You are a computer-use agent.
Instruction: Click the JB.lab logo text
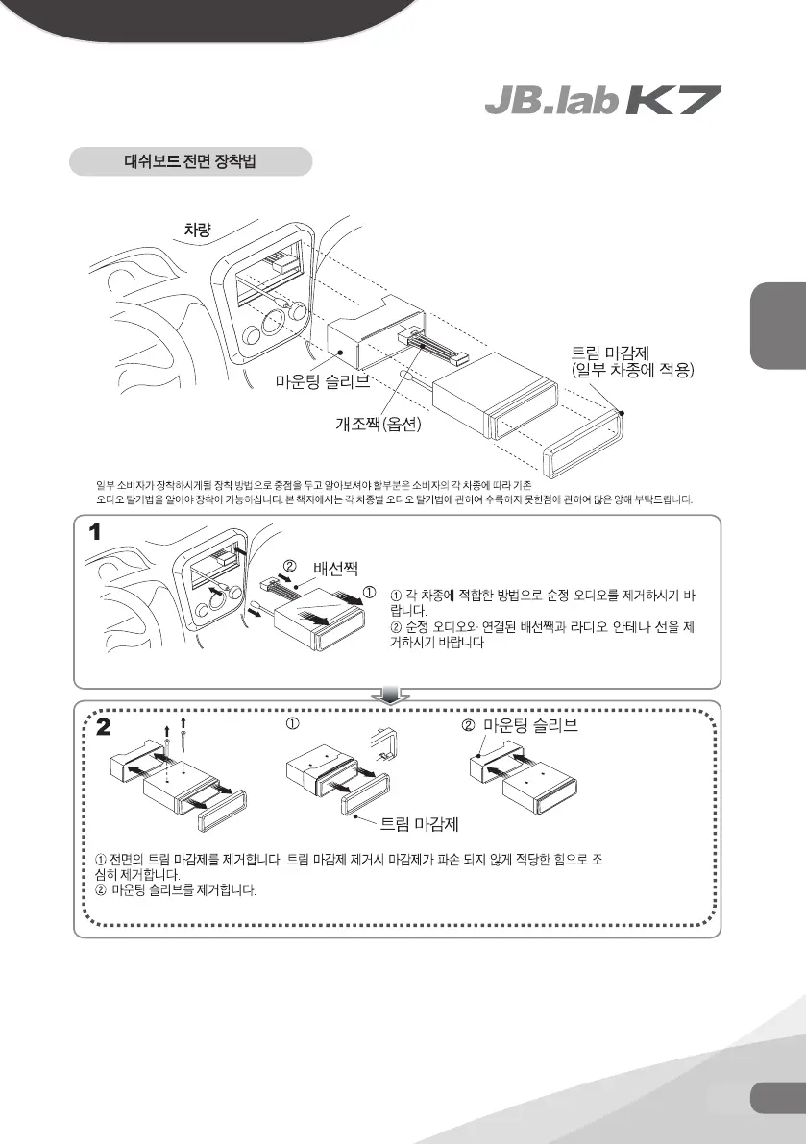coord(550,101)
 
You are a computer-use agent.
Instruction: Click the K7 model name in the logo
coord(673,101)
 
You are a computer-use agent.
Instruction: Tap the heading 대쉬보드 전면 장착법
coord(191,160)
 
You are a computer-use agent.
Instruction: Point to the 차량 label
coord(198,229)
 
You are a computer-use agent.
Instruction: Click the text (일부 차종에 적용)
coord(631,370)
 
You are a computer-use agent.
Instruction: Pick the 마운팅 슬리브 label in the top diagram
coord(322,382)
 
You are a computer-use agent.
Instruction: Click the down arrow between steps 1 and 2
coord(391,694)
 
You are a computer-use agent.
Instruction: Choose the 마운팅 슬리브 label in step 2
coord(530,724)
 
